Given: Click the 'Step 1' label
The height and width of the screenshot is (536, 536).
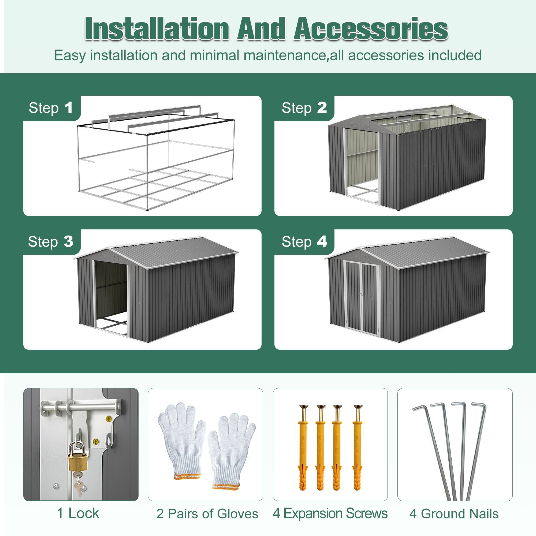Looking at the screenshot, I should (x=51, y=108).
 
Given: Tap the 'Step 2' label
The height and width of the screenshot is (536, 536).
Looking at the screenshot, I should (x=304, y=108).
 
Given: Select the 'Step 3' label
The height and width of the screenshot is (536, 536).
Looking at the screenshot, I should (x=51, y=242).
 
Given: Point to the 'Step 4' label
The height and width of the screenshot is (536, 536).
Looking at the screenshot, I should (x=304, y=242).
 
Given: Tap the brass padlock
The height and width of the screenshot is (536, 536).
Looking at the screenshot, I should (x=77, y=459).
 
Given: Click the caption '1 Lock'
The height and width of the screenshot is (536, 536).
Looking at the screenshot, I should (x=78, y=513).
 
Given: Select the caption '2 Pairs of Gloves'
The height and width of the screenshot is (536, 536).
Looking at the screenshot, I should (x=207, y=513).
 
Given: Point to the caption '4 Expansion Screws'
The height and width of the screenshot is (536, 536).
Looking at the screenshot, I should (x=330, y=513).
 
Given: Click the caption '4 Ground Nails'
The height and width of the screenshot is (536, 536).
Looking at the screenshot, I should (x=454, y=513).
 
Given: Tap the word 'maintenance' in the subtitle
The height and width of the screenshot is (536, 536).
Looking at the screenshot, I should (x=284, y=55).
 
